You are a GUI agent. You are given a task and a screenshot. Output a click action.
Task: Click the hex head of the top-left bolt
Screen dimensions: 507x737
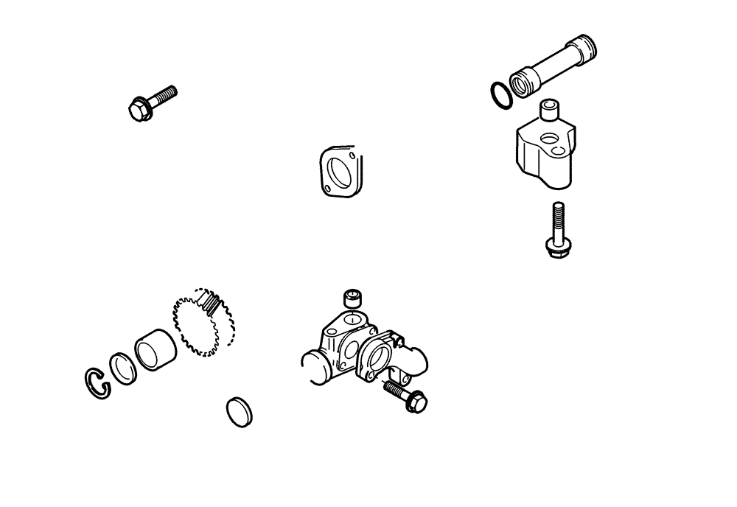point(137,111)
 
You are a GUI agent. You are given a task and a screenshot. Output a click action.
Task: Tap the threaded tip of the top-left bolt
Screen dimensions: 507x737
point(170,92)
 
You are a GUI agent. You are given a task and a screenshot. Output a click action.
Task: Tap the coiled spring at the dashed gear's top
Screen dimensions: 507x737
point(212,303)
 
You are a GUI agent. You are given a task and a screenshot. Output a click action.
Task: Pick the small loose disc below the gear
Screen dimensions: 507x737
point(238,410)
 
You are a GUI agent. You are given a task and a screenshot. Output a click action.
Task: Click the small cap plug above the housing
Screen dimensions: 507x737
point(355,298)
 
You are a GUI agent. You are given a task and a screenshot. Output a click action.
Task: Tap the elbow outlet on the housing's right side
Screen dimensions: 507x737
point(416,361)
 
